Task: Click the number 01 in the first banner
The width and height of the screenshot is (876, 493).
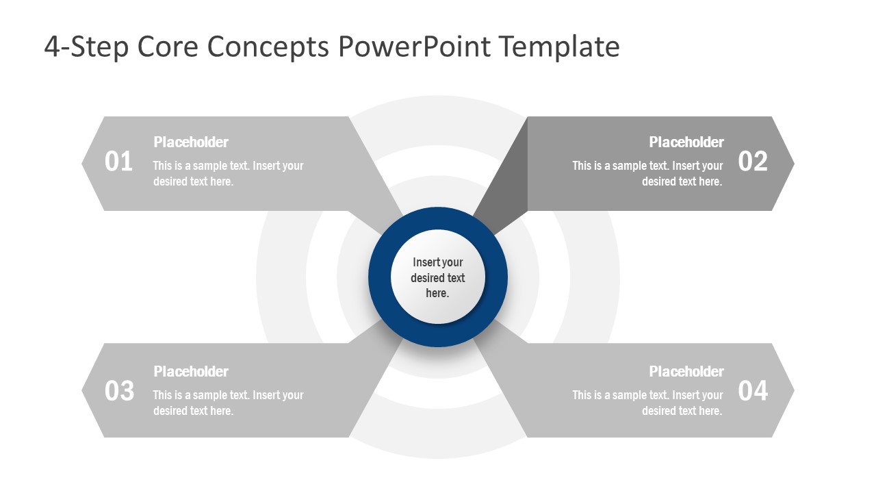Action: (118, 162)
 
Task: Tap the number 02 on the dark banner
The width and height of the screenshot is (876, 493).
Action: (753, 162)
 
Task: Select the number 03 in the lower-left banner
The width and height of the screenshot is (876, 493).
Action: (118, 391)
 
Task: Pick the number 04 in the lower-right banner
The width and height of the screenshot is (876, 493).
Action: (753, 391)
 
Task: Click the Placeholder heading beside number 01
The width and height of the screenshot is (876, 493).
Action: (191, 142)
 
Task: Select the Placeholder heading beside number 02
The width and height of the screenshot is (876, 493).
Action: (686, 142)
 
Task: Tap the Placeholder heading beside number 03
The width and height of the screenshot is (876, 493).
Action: (191, 372)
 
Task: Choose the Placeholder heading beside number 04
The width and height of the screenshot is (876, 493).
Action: (686, 372)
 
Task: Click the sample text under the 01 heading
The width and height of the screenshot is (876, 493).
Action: (228, 174)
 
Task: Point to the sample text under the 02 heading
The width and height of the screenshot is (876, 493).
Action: (647, 174)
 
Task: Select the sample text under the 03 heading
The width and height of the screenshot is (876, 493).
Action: (228, 403)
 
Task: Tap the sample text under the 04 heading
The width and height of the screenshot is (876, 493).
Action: (647, 403)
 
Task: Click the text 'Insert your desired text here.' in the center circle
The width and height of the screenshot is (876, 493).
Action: (438, 277)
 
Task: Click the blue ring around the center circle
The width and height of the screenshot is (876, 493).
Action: (380, 277)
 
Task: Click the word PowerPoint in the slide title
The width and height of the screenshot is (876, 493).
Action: (413, 47)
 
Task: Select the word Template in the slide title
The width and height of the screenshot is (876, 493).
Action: (559, 47)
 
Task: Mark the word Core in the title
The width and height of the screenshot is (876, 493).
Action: (168, 47)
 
